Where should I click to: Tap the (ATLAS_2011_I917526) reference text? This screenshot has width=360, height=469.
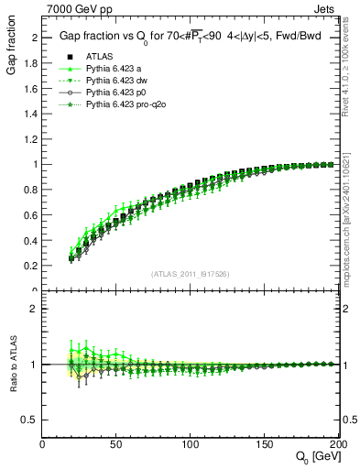coord(191,274)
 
